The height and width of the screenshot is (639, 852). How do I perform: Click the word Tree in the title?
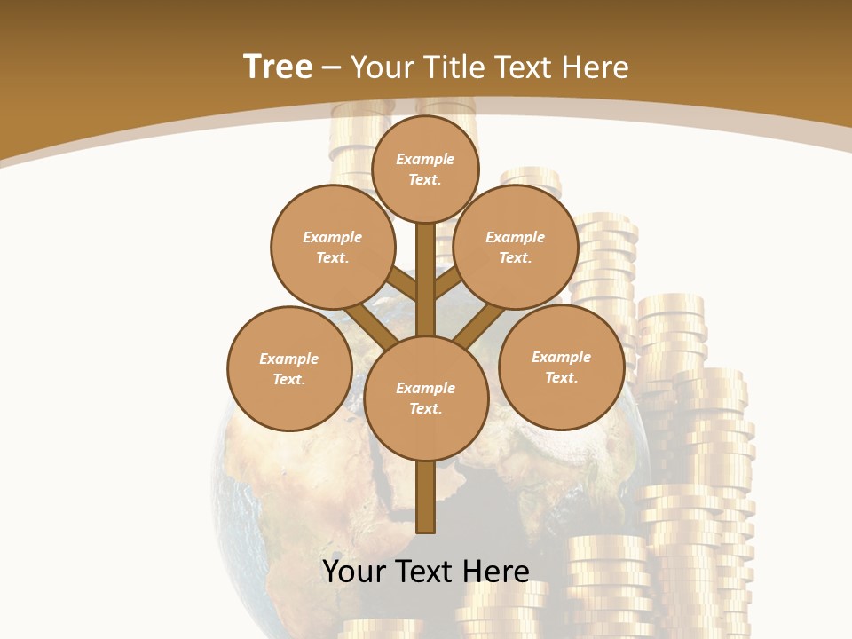pos(278,67)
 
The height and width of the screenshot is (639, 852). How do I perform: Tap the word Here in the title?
pos(595,67)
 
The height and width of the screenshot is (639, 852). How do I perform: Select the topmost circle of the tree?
pos(425,169)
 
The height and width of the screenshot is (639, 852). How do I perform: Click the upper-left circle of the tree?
pos(333,247)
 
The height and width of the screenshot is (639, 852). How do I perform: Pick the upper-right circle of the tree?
pos(516,247)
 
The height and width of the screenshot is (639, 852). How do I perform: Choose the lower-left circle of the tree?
pos(289,368)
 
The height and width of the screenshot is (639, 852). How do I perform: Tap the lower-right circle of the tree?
pos(561,367)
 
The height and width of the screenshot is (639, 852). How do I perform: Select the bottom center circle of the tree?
pos(426,398)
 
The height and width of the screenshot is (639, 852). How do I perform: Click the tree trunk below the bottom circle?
pos(426,497)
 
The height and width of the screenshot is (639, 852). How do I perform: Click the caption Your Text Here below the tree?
pos(426,572)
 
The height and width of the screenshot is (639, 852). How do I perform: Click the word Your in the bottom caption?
pos(353,572)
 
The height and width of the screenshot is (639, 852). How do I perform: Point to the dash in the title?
pos(331,68)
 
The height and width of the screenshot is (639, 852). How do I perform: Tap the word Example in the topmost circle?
pos(425,159)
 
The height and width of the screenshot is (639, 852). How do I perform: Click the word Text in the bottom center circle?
pos(425,408)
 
